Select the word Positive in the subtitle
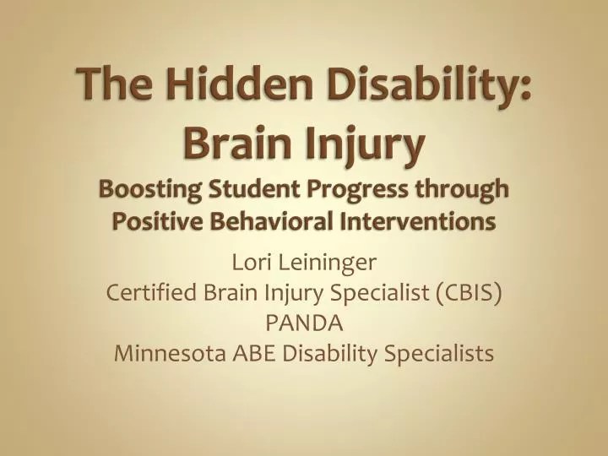point(152,222)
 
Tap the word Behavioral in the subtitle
point(266,222)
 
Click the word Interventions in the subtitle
point(419,222)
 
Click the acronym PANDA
point(303,323)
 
